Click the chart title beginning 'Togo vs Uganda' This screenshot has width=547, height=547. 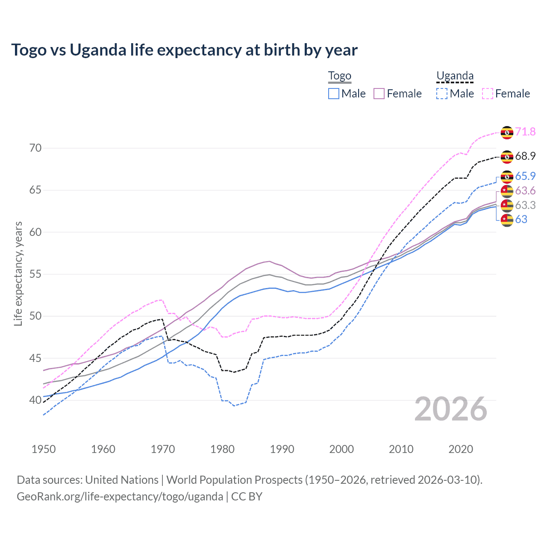[x=184, y=50]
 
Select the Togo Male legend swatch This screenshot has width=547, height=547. [x=334, y=94]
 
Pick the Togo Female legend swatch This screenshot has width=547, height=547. [x=379, y=94]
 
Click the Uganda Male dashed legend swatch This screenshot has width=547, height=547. [x=442, y=94]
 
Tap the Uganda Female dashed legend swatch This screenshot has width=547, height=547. [x=488, y=94]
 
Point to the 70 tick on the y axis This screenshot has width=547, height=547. [x=35, y=148]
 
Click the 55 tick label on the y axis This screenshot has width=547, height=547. [x=35, y=274]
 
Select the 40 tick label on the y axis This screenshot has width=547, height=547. [x=35, y=400]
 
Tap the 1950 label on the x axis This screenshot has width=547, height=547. [x=44, y=449]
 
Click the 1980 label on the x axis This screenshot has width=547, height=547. [x=222, y=449]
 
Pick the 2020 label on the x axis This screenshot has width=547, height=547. [x=461, y=449]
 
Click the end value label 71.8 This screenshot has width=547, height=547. [x=525, y=132]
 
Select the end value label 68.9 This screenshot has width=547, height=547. [x=525, y=156]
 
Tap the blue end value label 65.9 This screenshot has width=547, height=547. [x=525, y=176]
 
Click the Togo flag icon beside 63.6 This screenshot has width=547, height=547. [x=507, y=191]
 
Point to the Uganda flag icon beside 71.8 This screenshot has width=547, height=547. [x=507, y=132]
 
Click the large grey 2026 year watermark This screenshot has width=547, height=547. [x=450, y=409]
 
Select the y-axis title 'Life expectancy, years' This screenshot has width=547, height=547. [x=18, y=273]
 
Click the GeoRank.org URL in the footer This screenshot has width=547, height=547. [x=120, y=497]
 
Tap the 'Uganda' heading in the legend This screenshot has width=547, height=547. [x=455, y=76]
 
